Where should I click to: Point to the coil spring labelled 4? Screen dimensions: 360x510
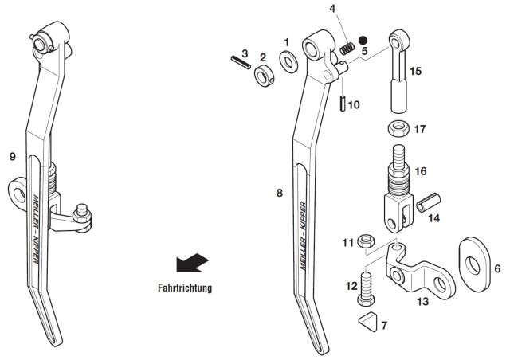click(x=347, y=48)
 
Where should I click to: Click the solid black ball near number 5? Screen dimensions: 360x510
click(x=363, y=40)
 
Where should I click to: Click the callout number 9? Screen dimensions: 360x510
click(x=12, y=157)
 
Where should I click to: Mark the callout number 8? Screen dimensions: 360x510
click(x=280, y=192)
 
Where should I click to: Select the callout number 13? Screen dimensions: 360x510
click(x=422, y=302)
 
